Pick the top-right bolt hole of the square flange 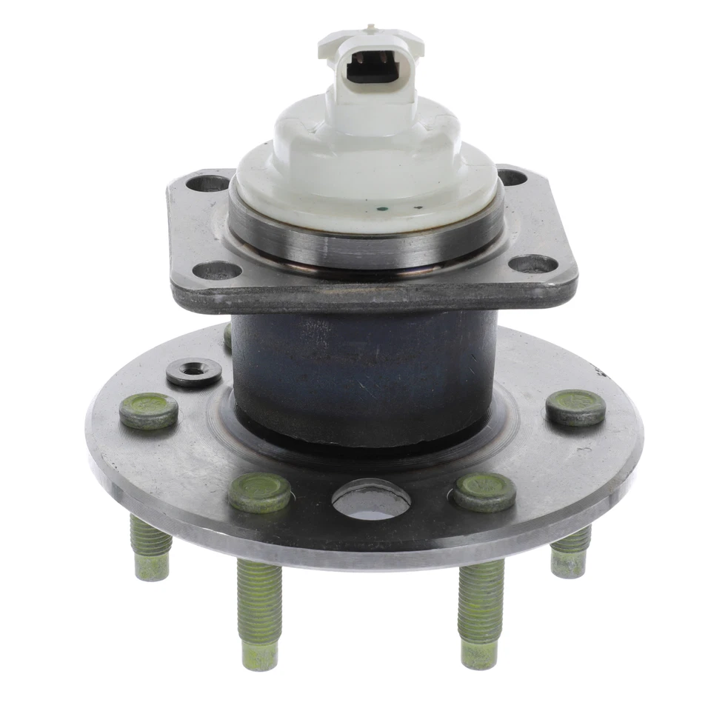coord(512,177)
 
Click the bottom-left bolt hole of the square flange coord(218,270)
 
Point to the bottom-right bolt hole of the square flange coord(533,264)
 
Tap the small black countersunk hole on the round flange coord(194,370)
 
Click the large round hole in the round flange coord(371,499)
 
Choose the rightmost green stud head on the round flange coord(576,407)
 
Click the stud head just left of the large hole coord(259,491)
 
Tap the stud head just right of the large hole coord(485,491)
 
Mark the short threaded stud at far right coord(571,553)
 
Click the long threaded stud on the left coord(258,611)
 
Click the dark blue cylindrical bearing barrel coord(363,370)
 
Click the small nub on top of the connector coord(370,29)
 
